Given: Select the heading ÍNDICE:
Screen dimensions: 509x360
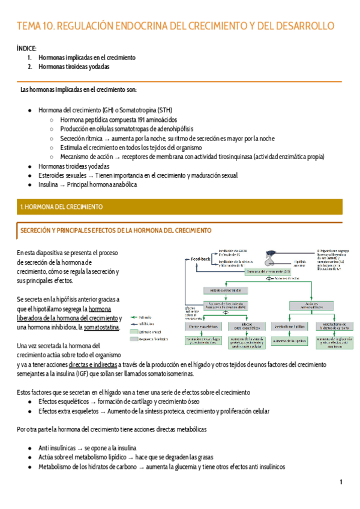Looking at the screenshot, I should (27, 48).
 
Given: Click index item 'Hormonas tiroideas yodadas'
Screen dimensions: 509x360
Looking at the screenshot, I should (74, 67).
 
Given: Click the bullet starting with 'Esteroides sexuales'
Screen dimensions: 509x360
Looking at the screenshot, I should (138, 175).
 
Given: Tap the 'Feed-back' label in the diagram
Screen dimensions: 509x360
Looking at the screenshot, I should (202, 259).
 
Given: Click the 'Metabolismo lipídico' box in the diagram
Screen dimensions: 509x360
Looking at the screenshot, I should (290, 327).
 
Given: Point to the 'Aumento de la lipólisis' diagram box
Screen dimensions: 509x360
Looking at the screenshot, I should (290, 342).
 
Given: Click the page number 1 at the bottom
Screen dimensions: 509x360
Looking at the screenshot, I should (341, 482).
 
